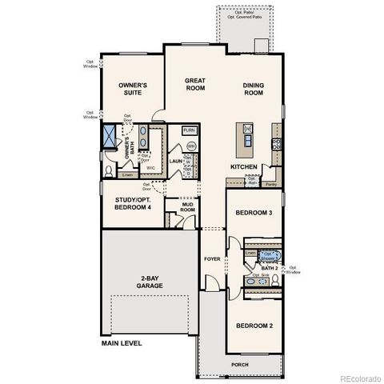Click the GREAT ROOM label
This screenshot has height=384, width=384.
click(x=196, y=86)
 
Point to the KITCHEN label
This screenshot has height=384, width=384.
click(x=243, y=166)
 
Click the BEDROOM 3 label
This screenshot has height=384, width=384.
click(x=254, y=213)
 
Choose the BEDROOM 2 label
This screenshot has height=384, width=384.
click(x=254, y=326)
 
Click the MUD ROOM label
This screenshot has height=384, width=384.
click(x=187, y=206)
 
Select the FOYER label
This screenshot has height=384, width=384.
click(x=211, y=258)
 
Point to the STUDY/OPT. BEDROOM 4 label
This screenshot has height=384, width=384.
click(x=132, y=205)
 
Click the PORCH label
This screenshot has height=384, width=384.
click(x=240, y=365)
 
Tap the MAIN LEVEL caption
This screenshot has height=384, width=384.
click(x=121, y=343)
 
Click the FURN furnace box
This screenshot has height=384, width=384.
click(x=190, y=130)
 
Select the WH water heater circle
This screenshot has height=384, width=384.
click(x=191, y=146)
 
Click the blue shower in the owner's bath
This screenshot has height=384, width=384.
click(x=110, y=138)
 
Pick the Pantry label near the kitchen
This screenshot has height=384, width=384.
click(x=270, y=184)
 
